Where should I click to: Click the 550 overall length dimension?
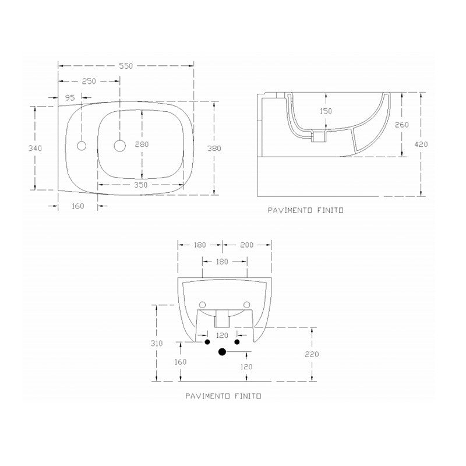coord(126,66)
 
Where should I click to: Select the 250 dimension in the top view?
coord(89,82)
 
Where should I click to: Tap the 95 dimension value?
coord(70,97)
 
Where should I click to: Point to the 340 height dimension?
coord(35,149)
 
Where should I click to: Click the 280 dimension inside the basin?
coord(142,144)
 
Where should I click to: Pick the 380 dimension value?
coord(215,149)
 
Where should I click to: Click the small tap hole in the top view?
coord(82,145)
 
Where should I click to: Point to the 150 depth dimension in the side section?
coord(325,111)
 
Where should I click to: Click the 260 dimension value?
coord(402,125)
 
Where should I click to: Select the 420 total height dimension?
coord(422,143)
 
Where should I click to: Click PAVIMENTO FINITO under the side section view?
coord(305,210)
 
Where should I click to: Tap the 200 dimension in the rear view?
coord(246,245)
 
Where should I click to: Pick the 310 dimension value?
coord(156,344)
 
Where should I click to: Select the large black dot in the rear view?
coord(221,352)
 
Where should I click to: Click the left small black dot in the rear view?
coord(206,342)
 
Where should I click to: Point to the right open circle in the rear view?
coord(246,305)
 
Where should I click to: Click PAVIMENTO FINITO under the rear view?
coord(223,396)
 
